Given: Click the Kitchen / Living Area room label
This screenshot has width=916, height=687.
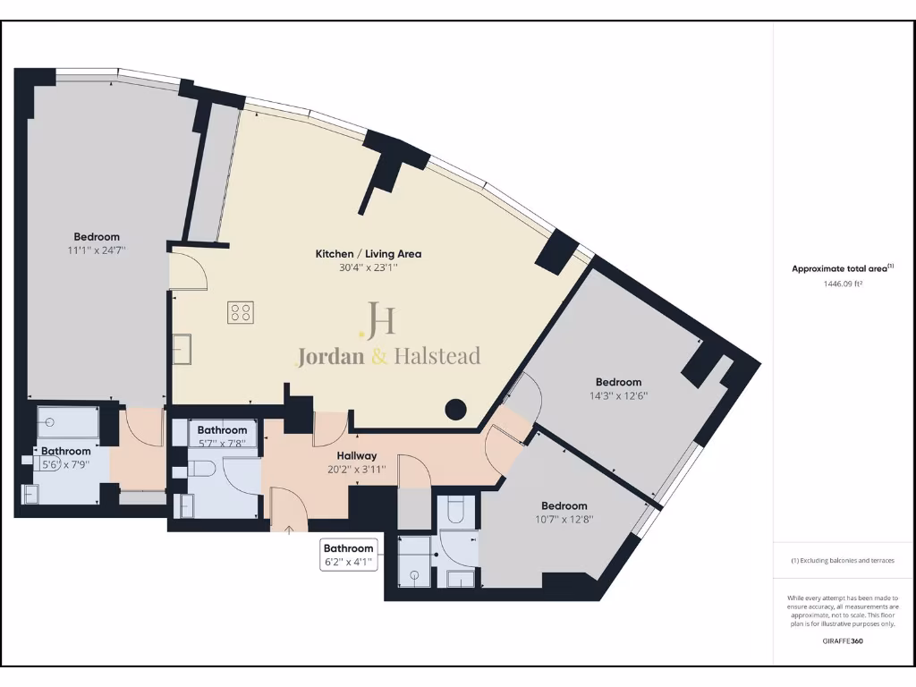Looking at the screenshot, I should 368,254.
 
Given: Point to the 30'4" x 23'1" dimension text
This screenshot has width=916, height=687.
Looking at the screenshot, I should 368,267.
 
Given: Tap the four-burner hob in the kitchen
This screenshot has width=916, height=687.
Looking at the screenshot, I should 240,313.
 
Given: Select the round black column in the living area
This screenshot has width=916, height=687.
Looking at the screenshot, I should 456,410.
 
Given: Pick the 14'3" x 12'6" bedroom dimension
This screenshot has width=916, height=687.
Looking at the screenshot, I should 618,395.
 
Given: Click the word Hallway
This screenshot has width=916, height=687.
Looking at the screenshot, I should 356,455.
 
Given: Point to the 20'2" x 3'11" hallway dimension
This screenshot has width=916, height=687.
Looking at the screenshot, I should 356,468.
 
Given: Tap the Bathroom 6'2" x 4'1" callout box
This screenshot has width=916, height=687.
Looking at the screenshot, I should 348,555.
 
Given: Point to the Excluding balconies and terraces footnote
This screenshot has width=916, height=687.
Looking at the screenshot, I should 843,561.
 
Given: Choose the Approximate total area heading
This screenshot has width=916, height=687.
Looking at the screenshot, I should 841,268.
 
